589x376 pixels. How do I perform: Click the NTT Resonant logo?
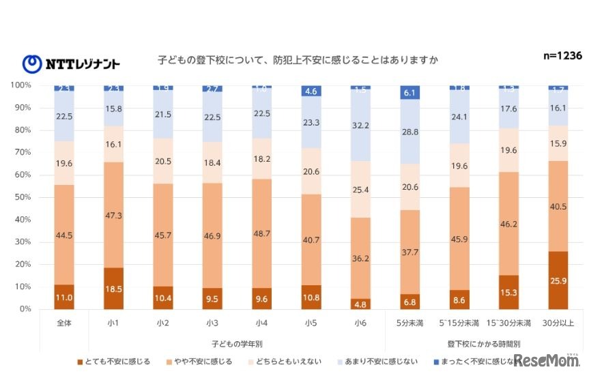tap(71, 63)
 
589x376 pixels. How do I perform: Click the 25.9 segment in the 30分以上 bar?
tap(558, 280)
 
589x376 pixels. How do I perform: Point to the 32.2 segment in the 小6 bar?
tap(360, 126)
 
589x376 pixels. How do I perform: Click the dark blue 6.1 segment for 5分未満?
tap(410, 93)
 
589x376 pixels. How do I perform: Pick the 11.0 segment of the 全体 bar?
tap(64, 297)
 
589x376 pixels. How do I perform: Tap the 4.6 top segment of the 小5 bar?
tap(311, 91)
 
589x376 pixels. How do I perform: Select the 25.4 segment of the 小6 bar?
tap(360, 189)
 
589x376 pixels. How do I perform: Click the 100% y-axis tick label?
tap(20, 85)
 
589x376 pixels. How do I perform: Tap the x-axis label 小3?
tap(212, 322)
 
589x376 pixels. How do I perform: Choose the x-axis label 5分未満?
tap(410, 322)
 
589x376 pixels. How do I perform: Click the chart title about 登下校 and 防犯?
tap(297, 61)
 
